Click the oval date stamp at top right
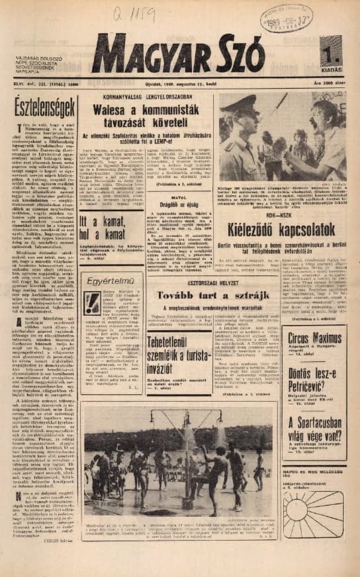(305, 17)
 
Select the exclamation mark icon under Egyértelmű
(93, 304)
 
